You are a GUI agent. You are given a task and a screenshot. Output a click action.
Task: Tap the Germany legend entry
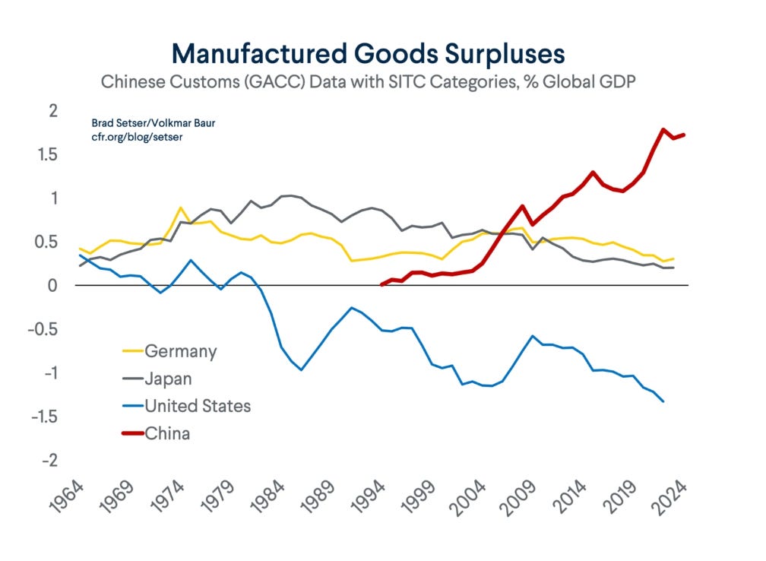pos(181,351)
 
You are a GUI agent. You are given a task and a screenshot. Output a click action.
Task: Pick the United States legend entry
pos(197,406)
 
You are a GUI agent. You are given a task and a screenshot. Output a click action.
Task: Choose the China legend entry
pos(167,433)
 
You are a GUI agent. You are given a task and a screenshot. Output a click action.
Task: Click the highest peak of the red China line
pos(664,129)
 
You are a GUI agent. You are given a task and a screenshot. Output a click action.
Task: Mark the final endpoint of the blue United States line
pos(663,401)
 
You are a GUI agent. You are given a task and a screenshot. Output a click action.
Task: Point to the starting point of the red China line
pos(381,284)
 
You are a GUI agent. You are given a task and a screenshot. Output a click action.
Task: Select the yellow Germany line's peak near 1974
pos(180,208)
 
